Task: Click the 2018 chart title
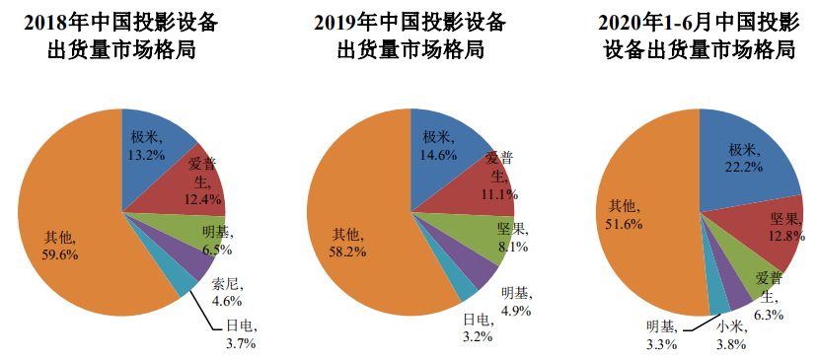pos(121,36)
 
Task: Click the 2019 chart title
pos(409,36)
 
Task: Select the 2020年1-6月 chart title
pos(700,36)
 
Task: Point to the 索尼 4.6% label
pos(227,292)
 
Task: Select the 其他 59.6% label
pos(60,247)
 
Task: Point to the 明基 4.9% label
pos(516,301)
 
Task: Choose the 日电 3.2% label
pos(478,327)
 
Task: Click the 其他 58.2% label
pos(349,244)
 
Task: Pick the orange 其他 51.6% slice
pos(642,219)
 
